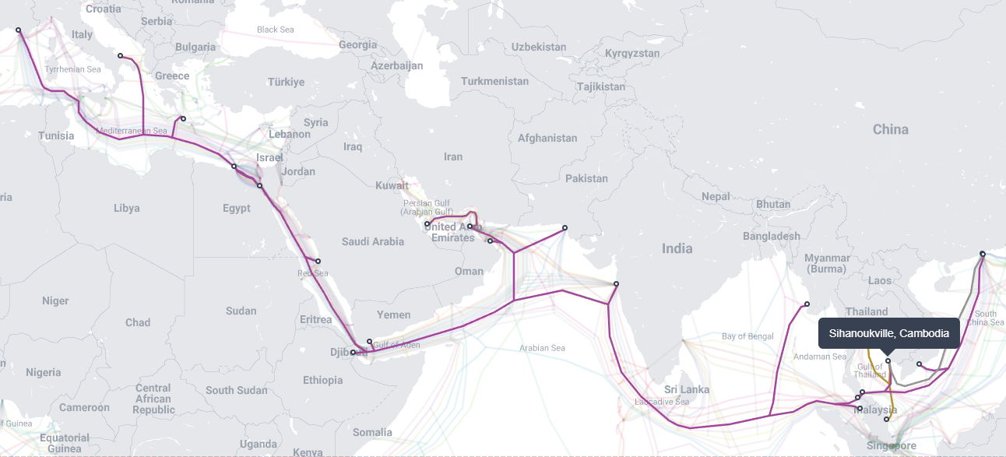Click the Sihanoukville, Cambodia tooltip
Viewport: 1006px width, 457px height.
point(888,333)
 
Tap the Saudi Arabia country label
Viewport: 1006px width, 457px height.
point(373,241)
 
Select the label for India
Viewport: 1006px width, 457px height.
point(677,248)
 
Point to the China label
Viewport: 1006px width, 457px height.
point(890,129)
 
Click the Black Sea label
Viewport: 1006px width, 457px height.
point(276,30)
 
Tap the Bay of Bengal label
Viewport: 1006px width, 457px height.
point(747,336)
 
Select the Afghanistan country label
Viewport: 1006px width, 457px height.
point(547,138)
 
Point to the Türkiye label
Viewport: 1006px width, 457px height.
point(287,82)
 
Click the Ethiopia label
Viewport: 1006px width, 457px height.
point(322,380)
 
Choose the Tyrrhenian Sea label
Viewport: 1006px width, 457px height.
point(72,69)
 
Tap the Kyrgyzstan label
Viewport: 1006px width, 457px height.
point(632,54)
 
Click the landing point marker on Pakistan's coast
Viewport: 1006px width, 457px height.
point(565,228)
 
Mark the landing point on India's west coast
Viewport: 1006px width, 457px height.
point(616,284)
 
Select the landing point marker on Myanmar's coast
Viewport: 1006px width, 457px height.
point(807,304)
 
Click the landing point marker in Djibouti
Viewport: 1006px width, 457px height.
point(353,353)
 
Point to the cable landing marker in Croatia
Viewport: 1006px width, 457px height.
point(120,56)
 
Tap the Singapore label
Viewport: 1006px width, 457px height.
point(892,446)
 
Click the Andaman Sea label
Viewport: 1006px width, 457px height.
point(819,357)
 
